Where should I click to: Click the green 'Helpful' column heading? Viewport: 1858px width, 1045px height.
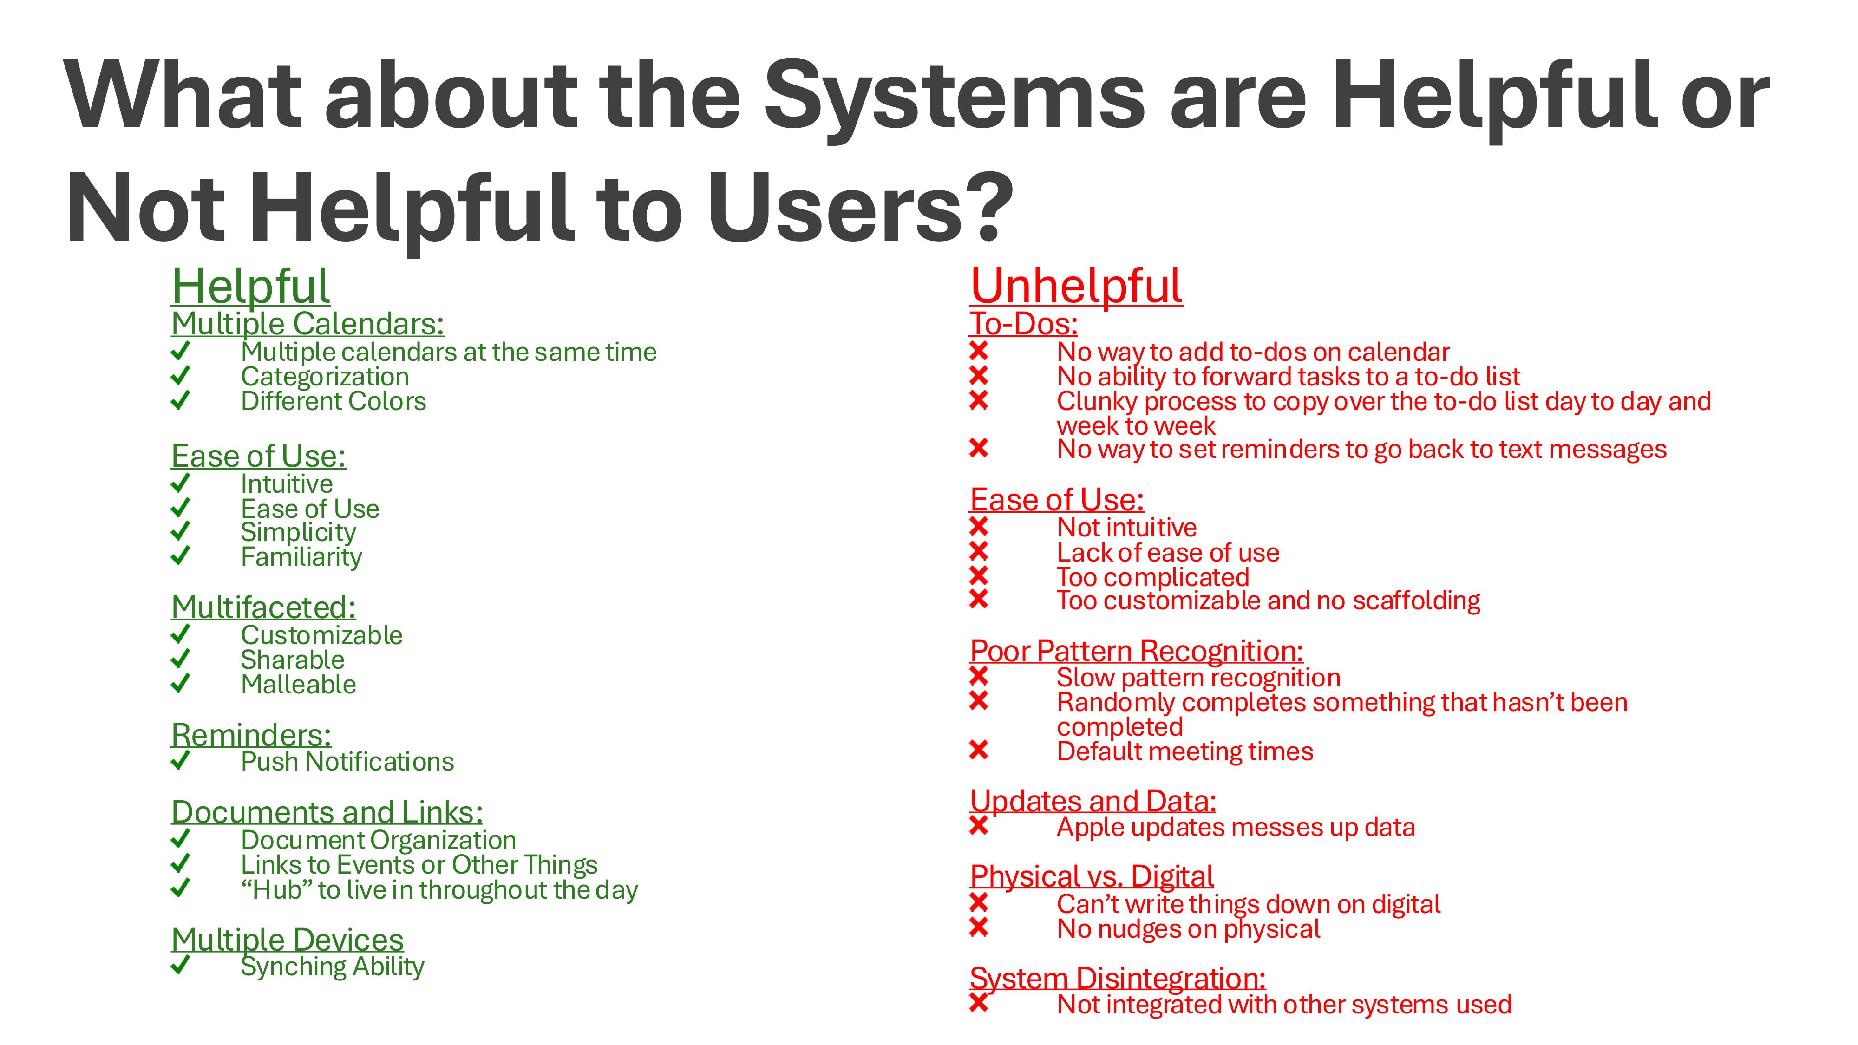pyautogui.click(x=250, y=286)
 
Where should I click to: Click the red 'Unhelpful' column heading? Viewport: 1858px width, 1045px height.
pyautogui.click(x=1076, y=286)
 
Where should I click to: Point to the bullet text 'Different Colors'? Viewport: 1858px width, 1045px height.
pyautogui.click(x=333, y=401)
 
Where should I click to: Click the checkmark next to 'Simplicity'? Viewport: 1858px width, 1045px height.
pyautogui.click(x=180, y=531)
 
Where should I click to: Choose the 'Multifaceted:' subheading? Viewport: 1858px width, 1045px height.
pyautogui.click(x=263, y=607)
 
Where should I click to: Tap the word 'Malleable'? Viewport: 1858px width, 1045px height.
pyautogui.click(x=299, y=685)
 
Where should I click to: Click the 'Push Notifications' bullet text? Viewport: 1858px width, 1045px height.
pyautogui.click(x=347, y=762)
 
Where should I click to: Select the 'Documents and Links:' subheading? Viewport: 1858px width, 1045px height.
pyautogui.click(x=327, y=812)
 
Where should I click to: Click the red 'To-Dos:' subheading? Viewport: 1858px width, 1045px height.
pyautogui.click(x=1023, y=324)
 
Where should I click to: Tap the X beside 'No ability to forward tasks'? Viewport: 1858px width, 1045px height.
pyautogui.click(x=979, y=375)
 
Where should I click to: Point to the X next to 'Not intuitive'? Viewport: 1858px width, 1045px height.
pyautogui.click(x=979, y=527)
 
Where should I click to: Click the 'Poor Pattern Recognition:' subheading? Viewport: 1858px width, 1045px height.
pyautogui.click(x=1137, y=651)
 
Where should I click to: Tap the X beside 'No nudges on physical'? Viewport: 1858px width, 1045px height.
pyautogui.click(x=979, y=927)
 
